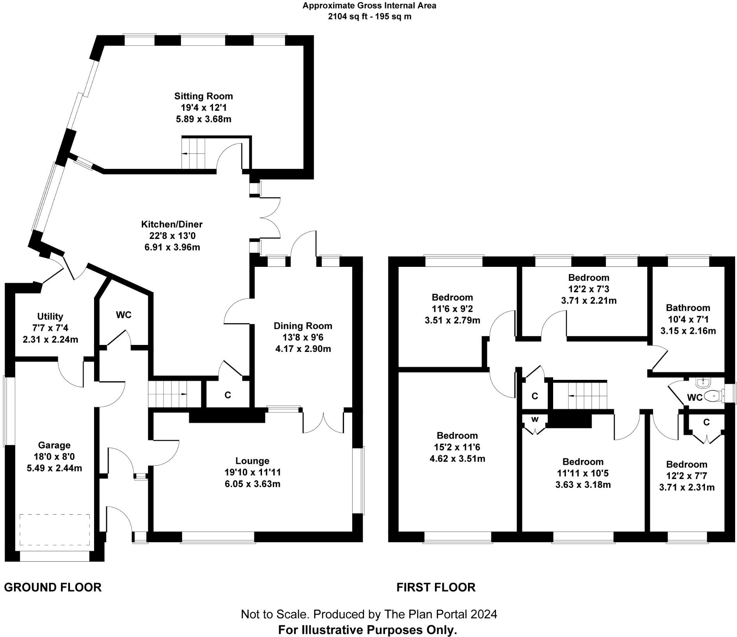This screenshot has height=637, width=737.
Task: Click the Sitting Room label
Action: (x=203, y=96)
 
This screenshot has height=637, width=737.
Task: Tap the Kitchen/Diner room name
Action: (x=171, y=224)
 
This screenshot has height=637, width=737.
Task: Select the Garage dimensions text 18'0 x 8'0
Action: (x=54, y=456)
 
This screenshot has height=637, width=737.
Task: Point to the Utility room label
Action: (x=50, y=316)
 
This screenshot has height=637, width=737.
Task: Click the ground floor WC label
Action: (x=124, y=315)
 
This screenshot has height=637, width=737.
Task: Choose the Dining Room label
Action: (x=303, y=325)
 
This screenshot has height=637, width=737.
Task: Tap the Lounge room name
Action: (x=252, y=461)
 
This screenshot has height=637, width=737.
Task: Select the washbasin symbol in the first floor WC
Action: (x=703, y=383)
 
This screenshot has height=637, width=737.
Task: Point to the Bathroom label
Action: (x=688, y=308)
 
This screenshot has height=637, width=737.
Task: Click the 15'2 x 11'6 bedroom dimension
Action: (x=457, y=447)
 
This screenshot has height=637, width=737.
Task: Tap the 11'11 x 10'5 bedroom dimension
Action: (x=583, y=473)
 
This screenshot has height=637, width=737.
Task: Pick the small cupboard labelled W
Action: (x=535, y=419)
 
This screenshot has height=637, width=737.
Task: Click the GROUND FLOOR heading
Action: (x=53, y=587)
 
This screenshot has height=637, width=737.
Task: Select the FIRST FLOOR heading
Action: (x=436, y=587)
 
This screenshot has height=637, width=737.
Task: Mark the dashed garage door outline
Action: (x=54, y=531)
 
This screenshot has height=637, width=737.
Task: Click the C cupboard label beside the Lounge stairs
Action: (x=228, y=395)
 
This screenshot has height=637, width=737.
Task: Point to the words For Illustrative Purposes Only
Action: (x=367, y=630)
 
